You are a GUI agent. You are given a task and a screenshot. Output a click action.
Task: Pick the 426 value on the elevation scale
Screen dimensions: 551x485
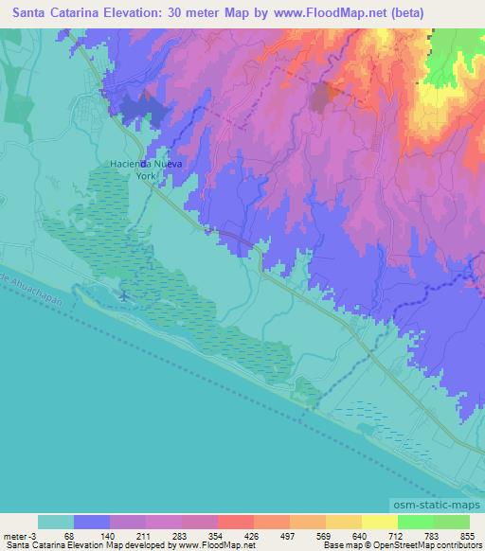[225, 537]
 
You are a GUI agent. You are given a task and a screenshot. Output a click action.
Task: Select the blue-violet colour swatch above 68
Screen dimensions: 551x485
[92, 522]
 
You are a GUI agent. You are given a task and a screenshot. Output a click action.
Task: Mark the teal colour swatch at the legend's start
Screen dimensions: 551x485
[56, 522]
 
